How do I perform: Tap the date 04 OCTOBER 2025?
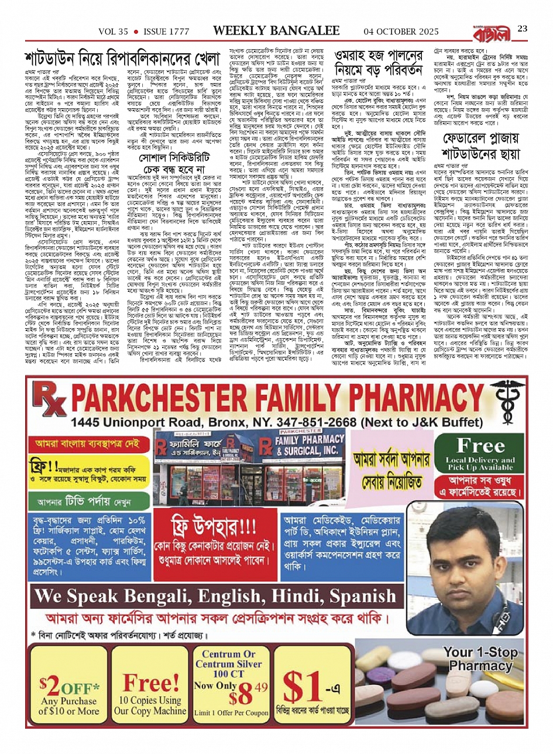point(401,31)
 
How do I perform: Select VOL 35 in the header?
point(114,31)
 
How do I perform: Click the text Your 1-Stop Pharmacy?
point(480,658)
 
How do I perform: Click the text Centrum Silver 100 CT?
point(229,663)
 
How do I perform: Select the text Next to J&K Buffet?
point(425,421)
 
